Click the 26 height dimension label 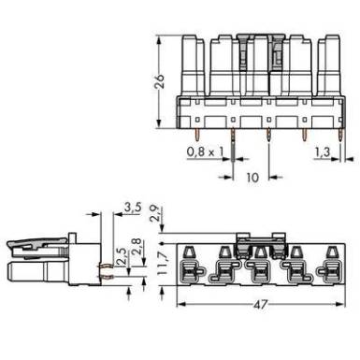160,81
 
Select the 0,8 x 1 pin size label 205,151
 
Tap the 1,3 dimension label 323,152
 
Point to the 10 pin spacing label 252,178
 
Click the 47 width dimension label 261,304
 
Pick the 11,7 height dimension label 163,264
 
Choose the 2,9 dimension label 155,213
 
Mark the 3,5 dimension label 133,207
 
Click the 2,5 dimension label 122,256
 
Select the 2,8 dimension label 137,246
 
